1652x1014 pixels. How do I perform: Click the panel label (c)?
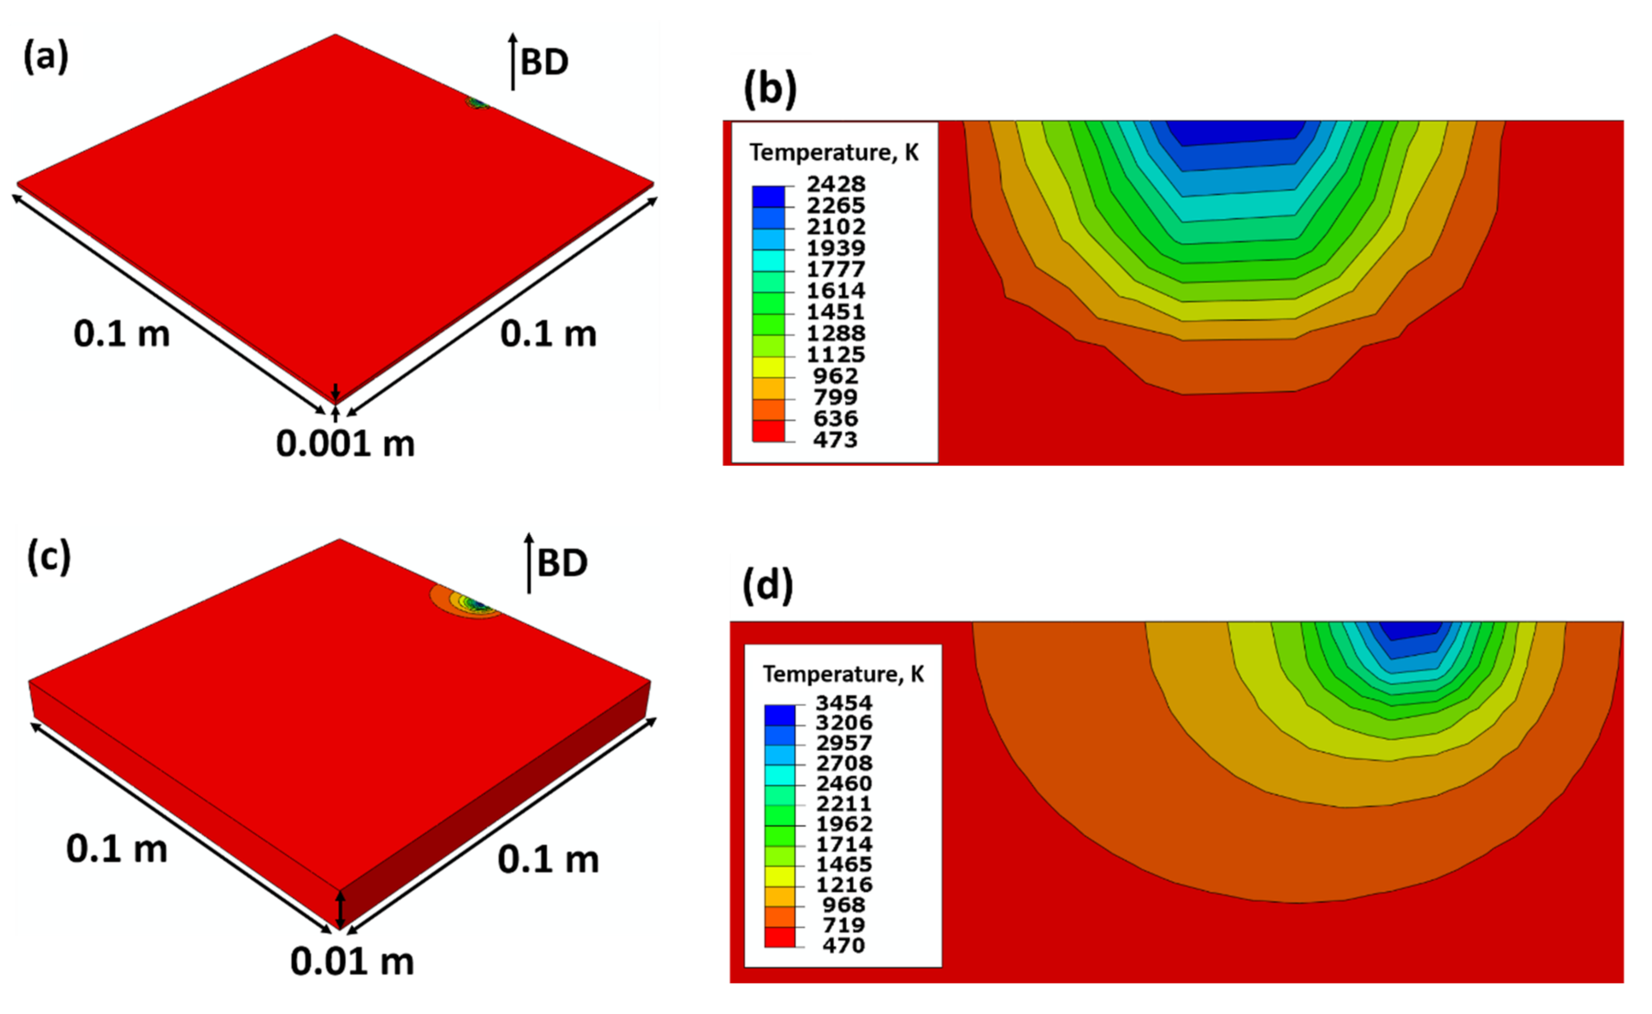[x=48, y=557]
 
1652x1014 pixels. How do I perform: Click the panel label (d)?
[x=767, y=585]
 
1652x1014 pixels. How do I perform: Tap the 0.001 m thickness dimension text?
[x=345, y=444]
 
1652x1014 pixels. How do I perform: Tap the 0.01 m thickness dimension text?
[x=352, y=962]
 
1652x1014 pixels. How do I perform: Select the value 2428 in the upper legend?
[x=836, y=184]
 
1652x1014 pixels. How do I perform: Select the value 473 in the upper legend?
[x=836, y=440]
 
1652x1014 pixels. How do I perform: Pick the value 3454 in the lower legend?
[x=844, y=703]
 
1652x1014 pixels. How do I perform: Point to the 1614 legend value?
[x=836, y=290]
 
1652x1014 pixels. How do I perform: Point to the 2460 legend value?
[x=844, y=783]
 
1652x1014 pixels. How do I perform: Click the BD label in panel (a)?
[x=544, y=63]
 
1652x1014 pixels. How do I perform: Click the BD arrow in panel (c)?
[x=529, y=564]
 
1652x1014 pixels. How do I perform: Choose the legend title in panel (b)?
[x=834, y=153]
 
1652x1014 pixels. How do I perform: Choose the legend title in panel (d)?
[x=843, y=674]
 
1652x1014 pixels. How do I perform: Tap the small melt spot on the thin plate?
[x=478, y=103]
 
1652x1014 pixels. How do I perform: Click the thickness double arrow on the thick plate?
[x=340, y=910]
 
